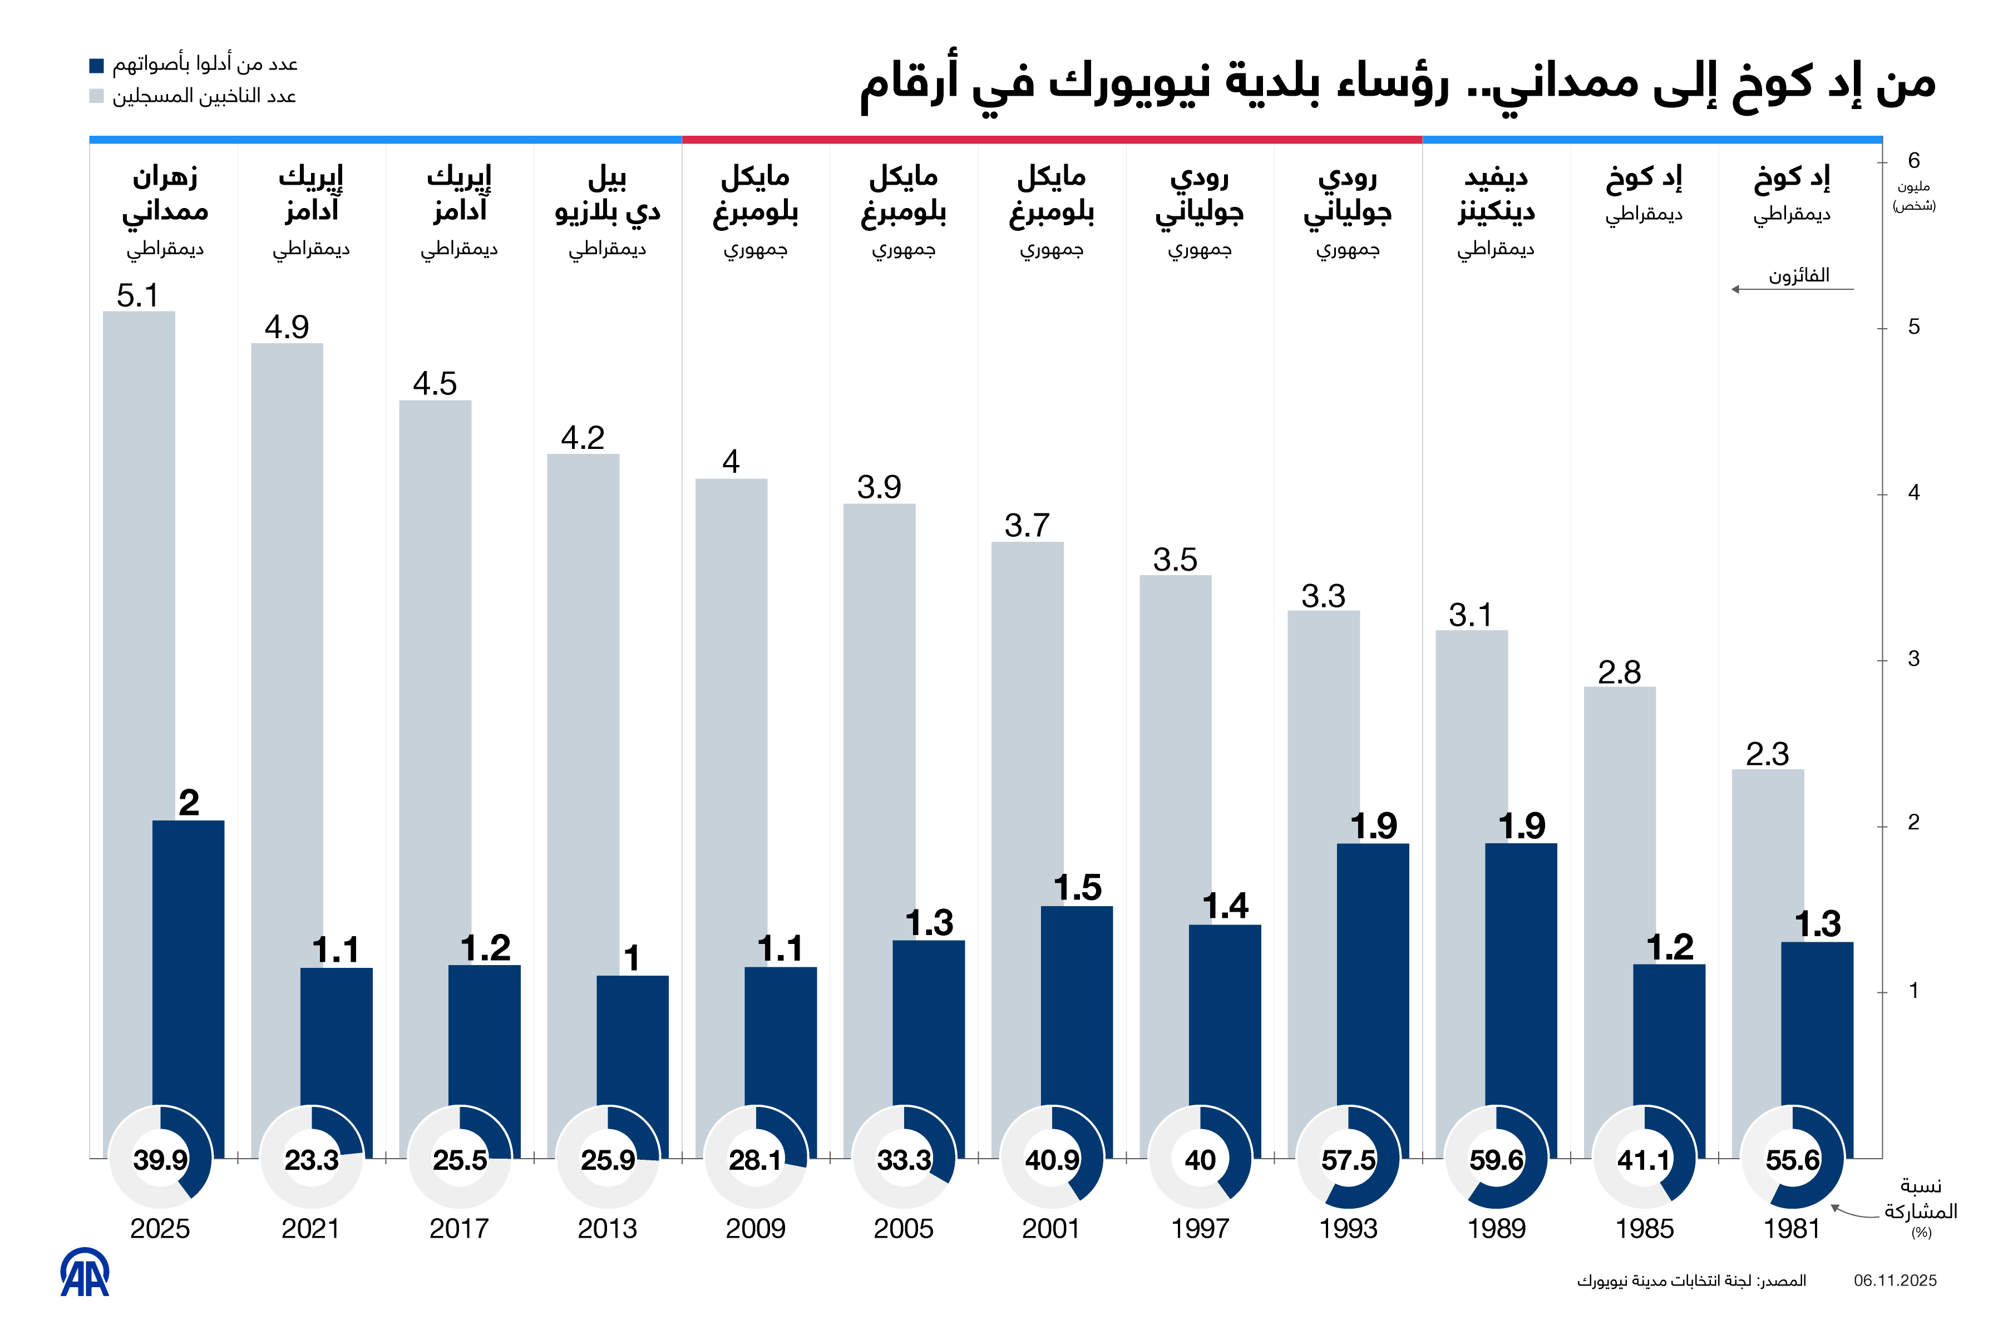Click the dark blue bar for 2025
click(188, 962)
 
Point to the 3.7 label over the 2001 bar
click(1027, 525)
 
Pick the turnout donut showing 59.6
click(1496, 1158)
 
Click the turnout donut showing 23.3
click(311, 1158)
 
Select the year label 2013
click(607, 1229)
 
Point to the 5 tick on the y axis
click(1913, 327)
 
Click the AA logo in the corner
click(85, 1274)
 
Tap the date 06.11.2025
click(1895, 1280)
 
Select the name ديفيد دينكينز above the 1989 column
click(1496, 194)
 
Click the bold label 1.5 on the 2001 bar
click(1077, 888)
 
